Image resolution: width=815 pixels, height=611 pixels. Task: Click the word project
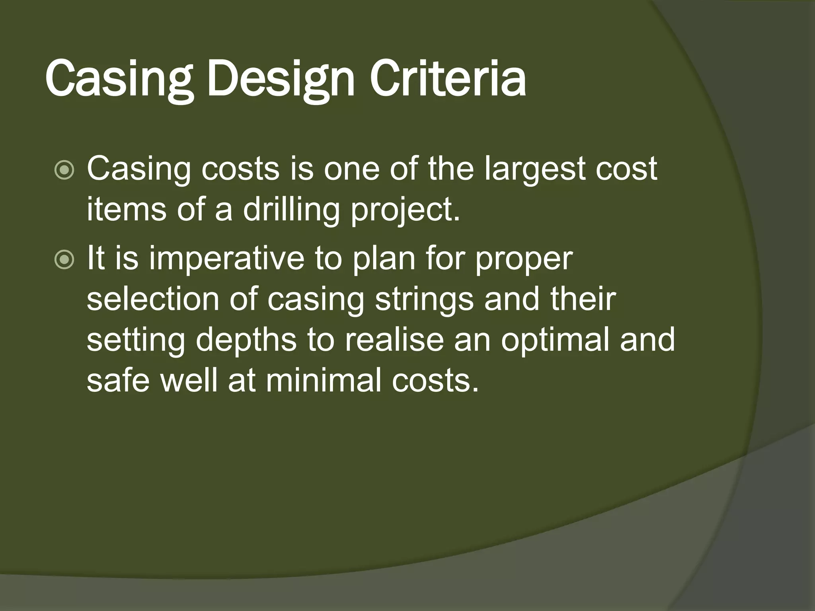pyautogui.click(x=405, y=210)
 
